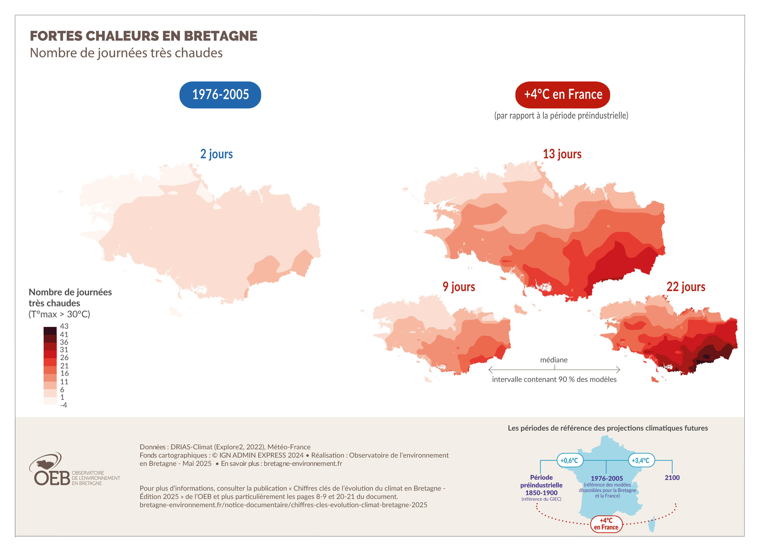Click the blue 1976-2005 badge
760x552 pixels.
[x=220, y=95]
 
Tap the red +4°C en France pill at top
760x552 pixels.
[x=562, y=95]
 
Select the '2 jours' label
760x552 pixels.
[x=216, y=154]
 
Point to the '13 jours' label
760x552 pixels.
[x=562, y=154]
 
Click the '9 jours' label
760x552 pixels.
[x=458, y=287]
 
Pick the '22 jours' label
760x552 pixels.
[x=685, y=287]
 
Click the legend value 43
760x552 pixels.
[x=64, y=326]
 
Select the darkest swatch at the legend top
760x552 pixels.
[x=50, y=331]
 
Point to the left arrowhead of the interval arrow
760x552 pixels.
[x=490, y=370]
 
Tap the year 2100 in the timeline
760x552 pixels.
[x=672, y=477]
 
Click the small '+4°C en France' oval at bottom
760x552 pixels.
[x=606, y=524]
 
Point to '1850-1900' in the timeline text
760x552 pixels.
[x=541, y=493]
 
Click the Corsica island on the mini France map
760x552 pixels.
[x=651, y=524]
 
